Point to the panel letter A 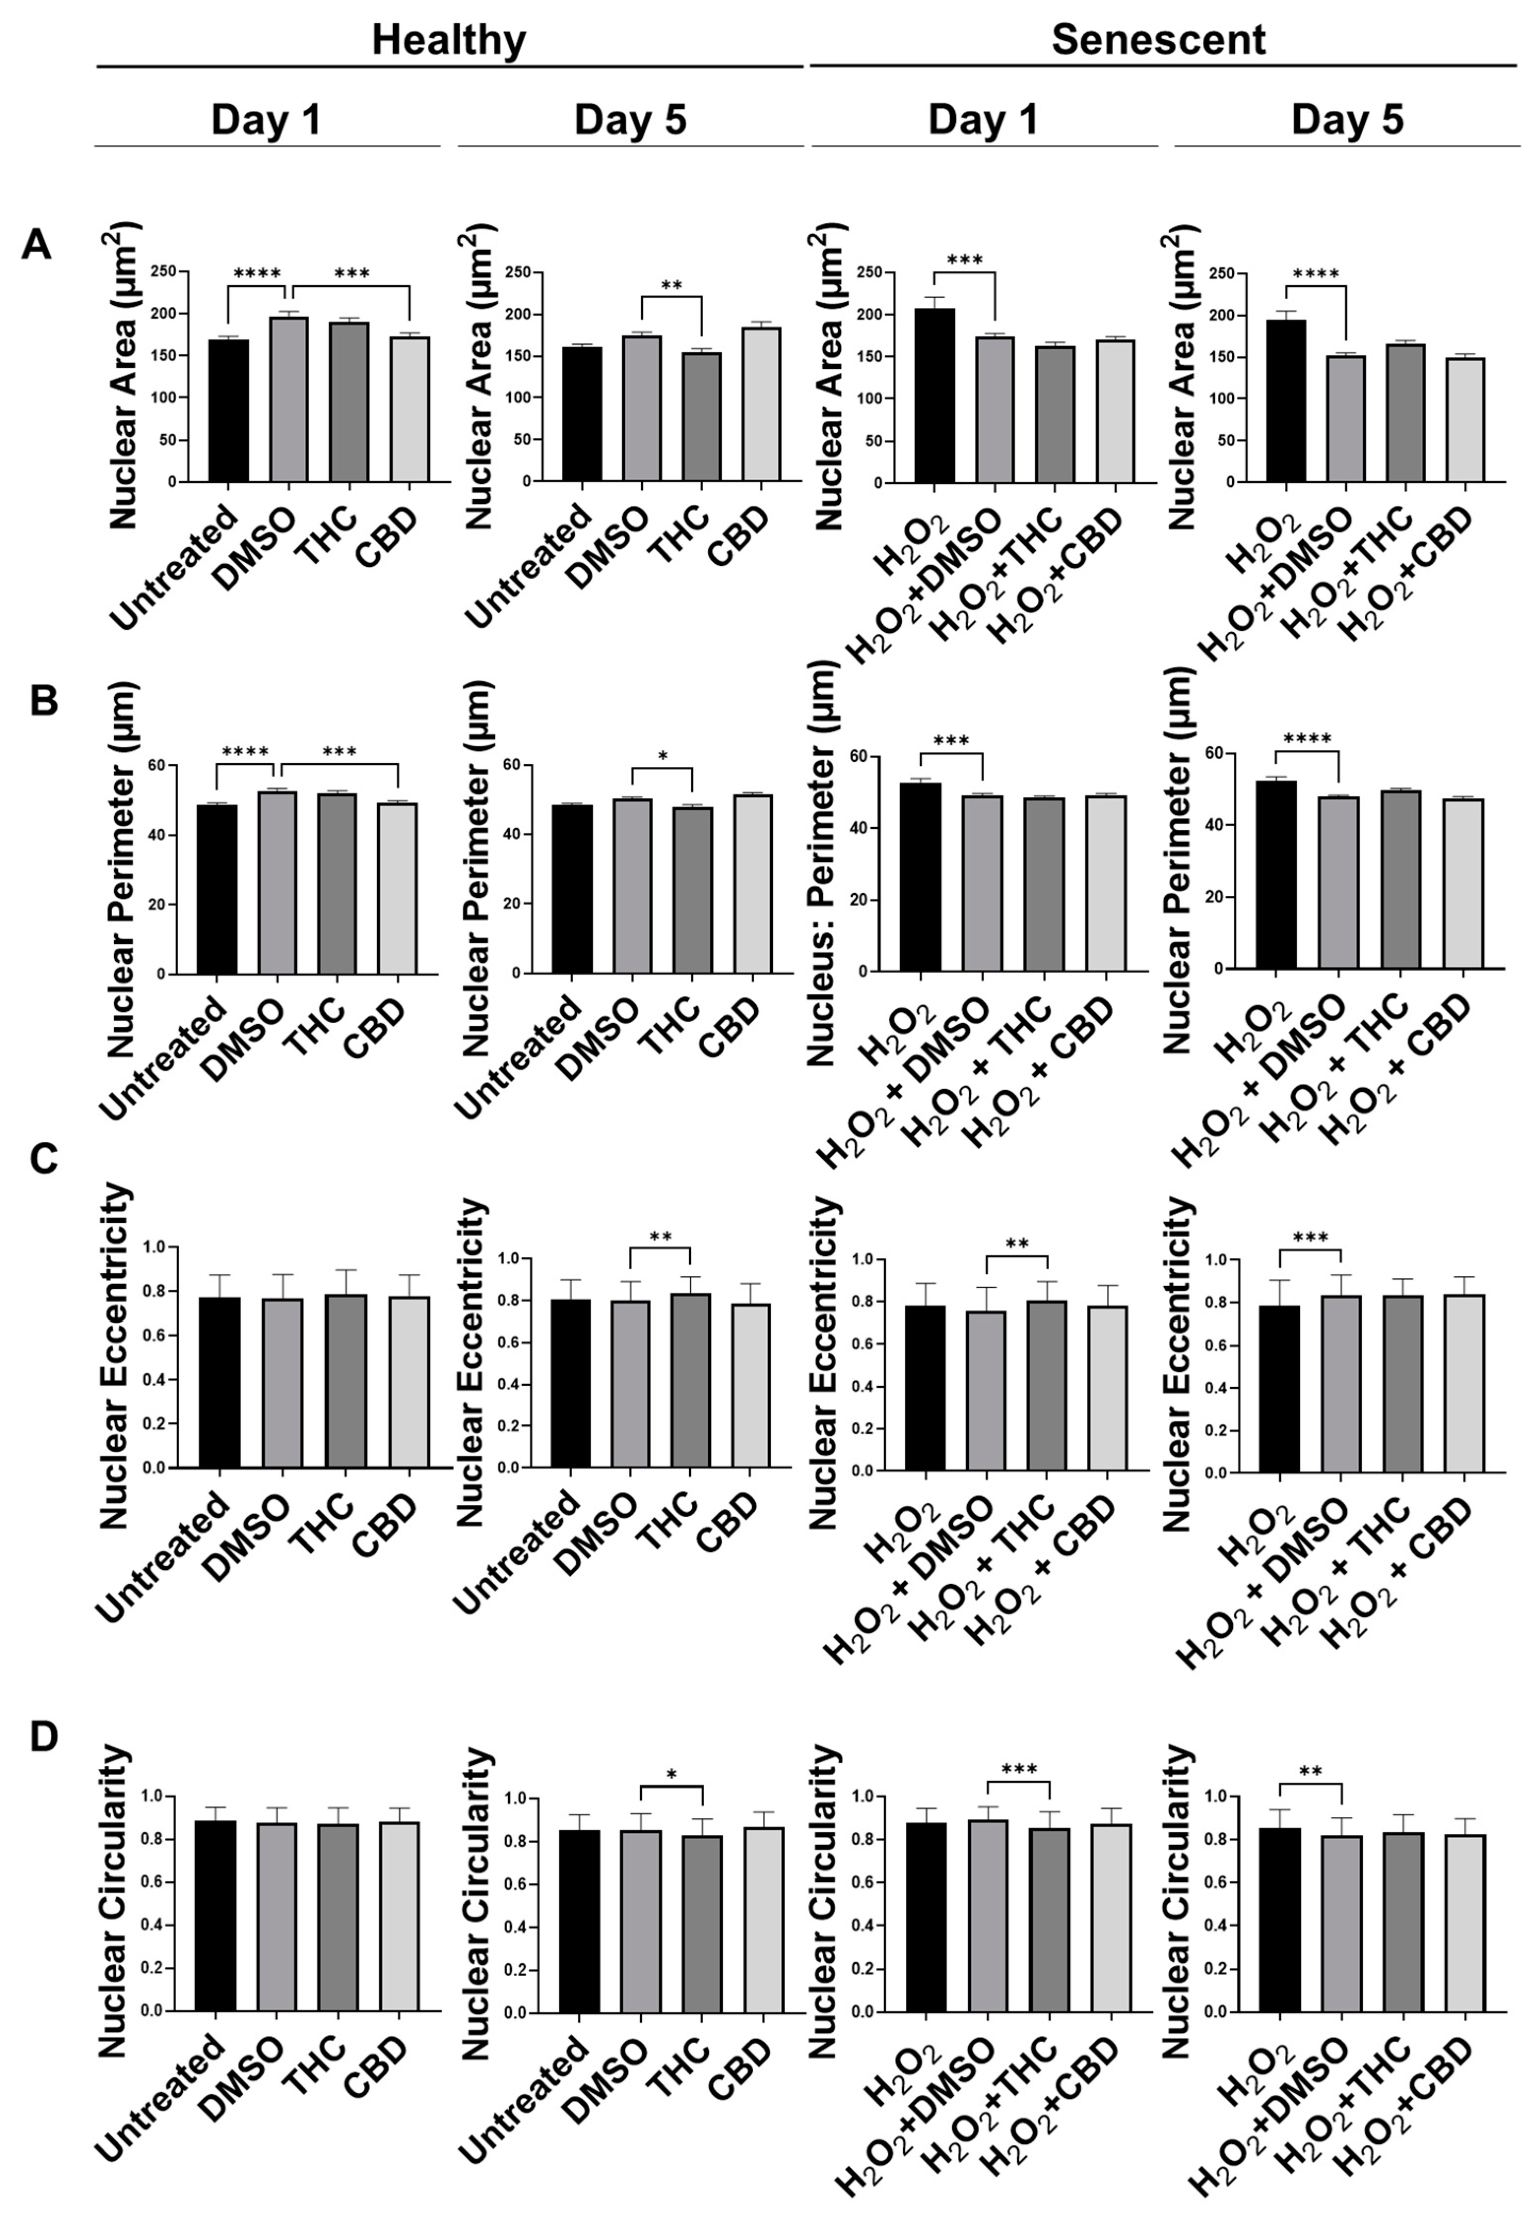[x=36, y=245]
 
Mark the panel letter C [x=43, y=1158]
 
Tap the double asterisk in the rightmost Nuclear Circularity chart [x=1310, y=1772]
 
